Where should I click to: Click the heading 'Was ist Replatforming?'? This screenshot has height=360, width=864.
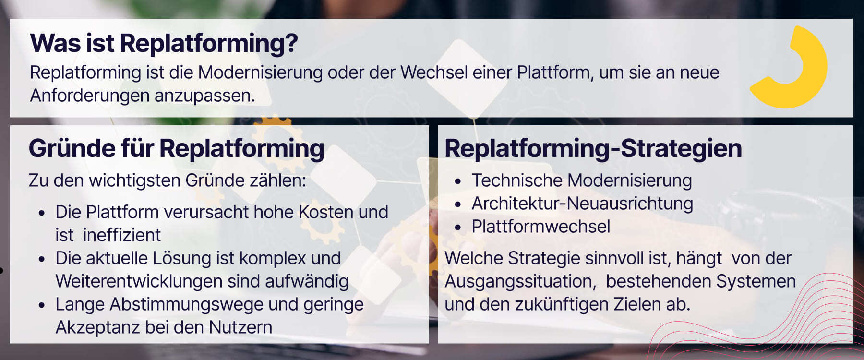point(164,43)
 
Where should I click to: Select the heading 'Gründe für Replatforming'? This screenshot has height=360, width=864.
point(176,148)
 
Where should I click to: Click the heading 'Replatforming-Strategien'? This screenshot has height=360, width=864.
point(593,148)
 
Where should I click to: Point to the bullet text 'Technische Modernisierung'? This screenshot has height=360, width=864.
point(581,180)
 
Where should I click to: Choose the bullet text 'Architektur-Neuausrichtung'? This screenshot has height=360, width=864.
point(582,204)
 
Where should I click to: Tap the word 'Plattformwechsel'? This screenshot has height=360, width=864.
point(540,227)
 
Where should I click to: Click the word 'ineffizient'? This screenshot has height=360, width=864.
point(121,235)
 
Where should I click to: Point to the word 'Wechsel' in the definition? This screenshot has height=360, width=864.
point(434,72)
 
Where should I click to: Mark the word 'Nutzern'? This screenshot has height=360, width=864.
point(240,327)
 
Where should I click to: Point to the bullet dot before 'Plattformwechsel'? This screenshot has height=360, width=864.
point(458,228)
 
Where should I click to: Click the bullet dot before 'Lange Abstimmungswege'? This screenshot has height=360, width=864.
point(42,305)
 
